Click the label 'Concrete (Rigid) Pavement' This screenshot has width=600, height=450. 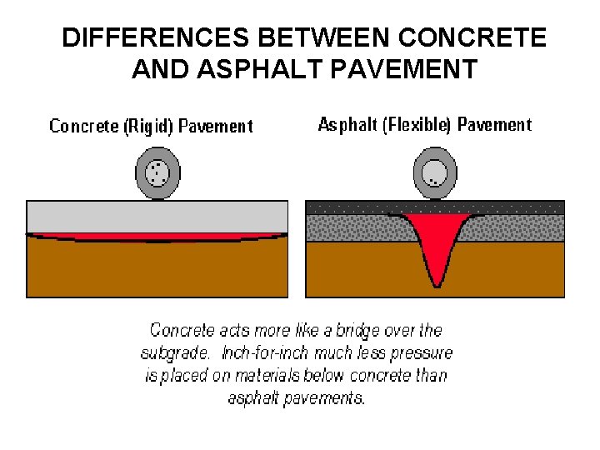(151, 127)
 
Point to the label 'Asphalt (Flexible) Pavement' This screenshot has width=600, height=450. (424, 125)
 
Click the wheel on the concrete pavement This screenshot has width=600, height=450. (157, 173)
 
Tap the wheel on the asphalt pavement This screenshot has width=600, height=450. (435, 173)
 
